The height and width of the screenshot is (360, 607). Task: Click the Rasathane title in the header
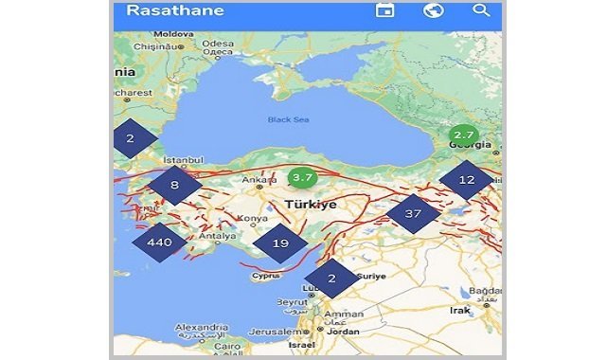174,11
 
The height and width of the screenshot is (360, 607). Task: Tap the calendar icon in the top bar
384,10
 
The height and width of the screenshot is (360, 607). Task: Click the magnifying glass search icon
481,10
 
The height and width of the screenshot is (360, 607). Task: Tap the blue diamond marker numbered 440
159,243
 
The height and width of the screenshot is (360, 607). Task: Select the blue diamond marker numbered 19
280,243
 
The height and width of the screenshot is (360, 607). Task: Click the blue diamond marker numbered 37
413,214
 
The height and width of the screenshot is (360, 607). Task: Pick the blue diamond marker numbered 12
467,180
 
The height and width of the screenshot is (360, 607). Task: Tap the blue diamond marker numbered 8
174,186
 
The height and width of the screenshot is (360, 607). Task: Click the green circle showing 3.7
302,177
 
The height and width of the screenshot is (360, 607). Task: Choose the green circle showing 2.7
463,135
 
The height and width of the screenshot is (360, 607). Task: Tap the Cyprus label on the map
267,277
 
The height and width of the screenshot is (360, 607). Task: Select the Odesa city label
217,44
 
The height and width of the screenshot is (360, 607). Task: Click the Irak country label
461,310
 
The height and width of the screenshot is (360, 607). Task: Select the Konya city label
255,219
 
